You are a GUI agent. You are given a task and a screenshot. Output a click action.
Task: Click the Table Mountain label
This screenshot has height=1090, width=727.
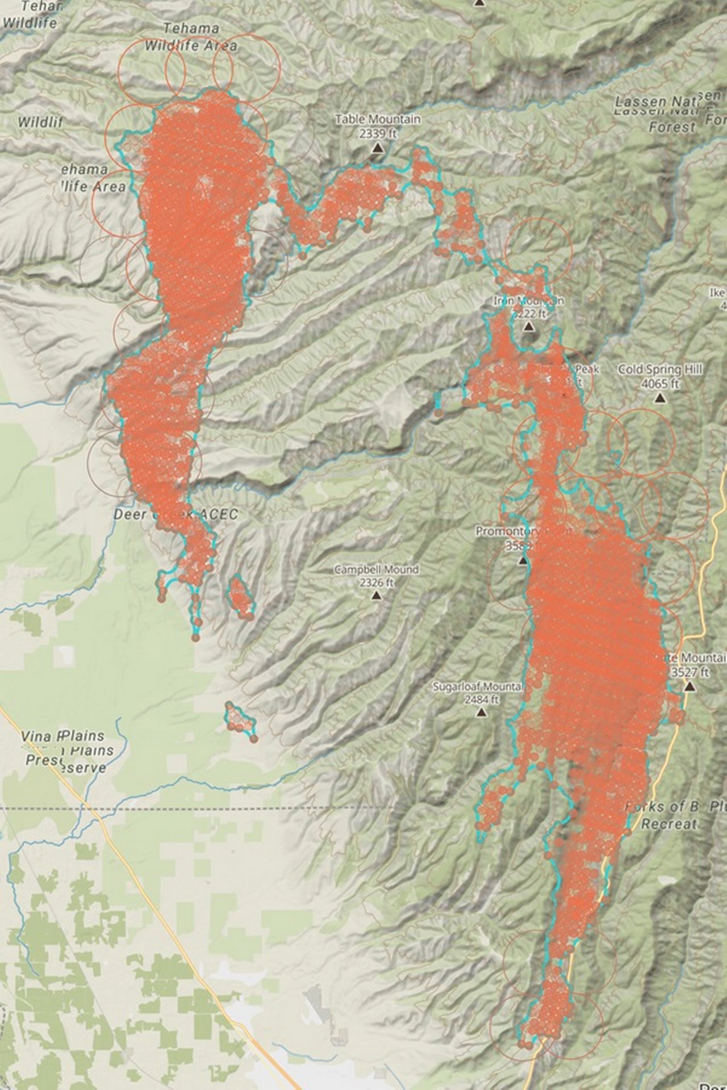[378, 120]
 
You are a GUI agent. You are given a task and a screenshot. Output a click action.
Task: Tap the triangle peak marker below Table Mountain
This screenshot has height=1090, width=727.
[377, 148]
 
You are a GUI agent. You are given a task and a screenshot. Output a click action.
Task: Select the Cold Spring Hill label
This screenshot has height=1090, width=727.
[660, 370]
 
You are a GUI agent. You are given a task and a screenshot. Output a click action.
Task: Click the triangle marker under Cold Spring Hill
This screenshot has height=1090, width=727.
[659, 398]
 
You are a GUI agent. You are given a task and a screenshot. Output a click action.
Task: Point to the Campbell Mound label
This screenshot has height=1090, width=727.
[376, 569]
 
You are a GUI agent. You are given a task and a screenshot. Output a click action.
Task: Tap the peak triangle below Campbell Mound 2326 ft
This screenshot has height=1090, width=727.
[375, 596]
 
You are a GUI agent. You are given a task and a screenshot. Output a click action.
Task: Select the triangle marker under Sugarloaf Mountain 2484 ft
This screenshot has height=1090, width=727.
[482, 712]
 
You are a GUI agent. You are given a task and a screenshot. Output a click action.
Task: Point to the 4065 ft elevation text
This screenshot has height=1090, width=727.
[660, 384]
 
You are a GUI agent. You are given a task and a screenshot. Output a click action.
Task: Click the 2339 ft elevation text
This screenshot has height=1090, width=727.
[377, 134]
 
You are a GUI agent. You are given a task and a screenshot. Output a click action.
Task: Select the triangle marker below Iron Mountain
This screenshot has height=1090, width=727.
[528, 326]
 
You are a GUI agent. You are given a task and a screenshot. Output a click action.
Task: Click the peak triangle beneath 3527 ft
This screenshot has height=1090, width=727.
[690, 687]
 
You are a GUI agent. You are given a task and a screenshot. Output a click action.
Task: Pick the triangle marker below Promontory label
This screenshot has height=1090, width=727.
[523, 561]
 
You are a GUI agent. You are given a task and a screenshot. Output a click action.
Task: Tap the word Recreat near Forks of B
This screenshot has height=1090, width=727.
[668, 824]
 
